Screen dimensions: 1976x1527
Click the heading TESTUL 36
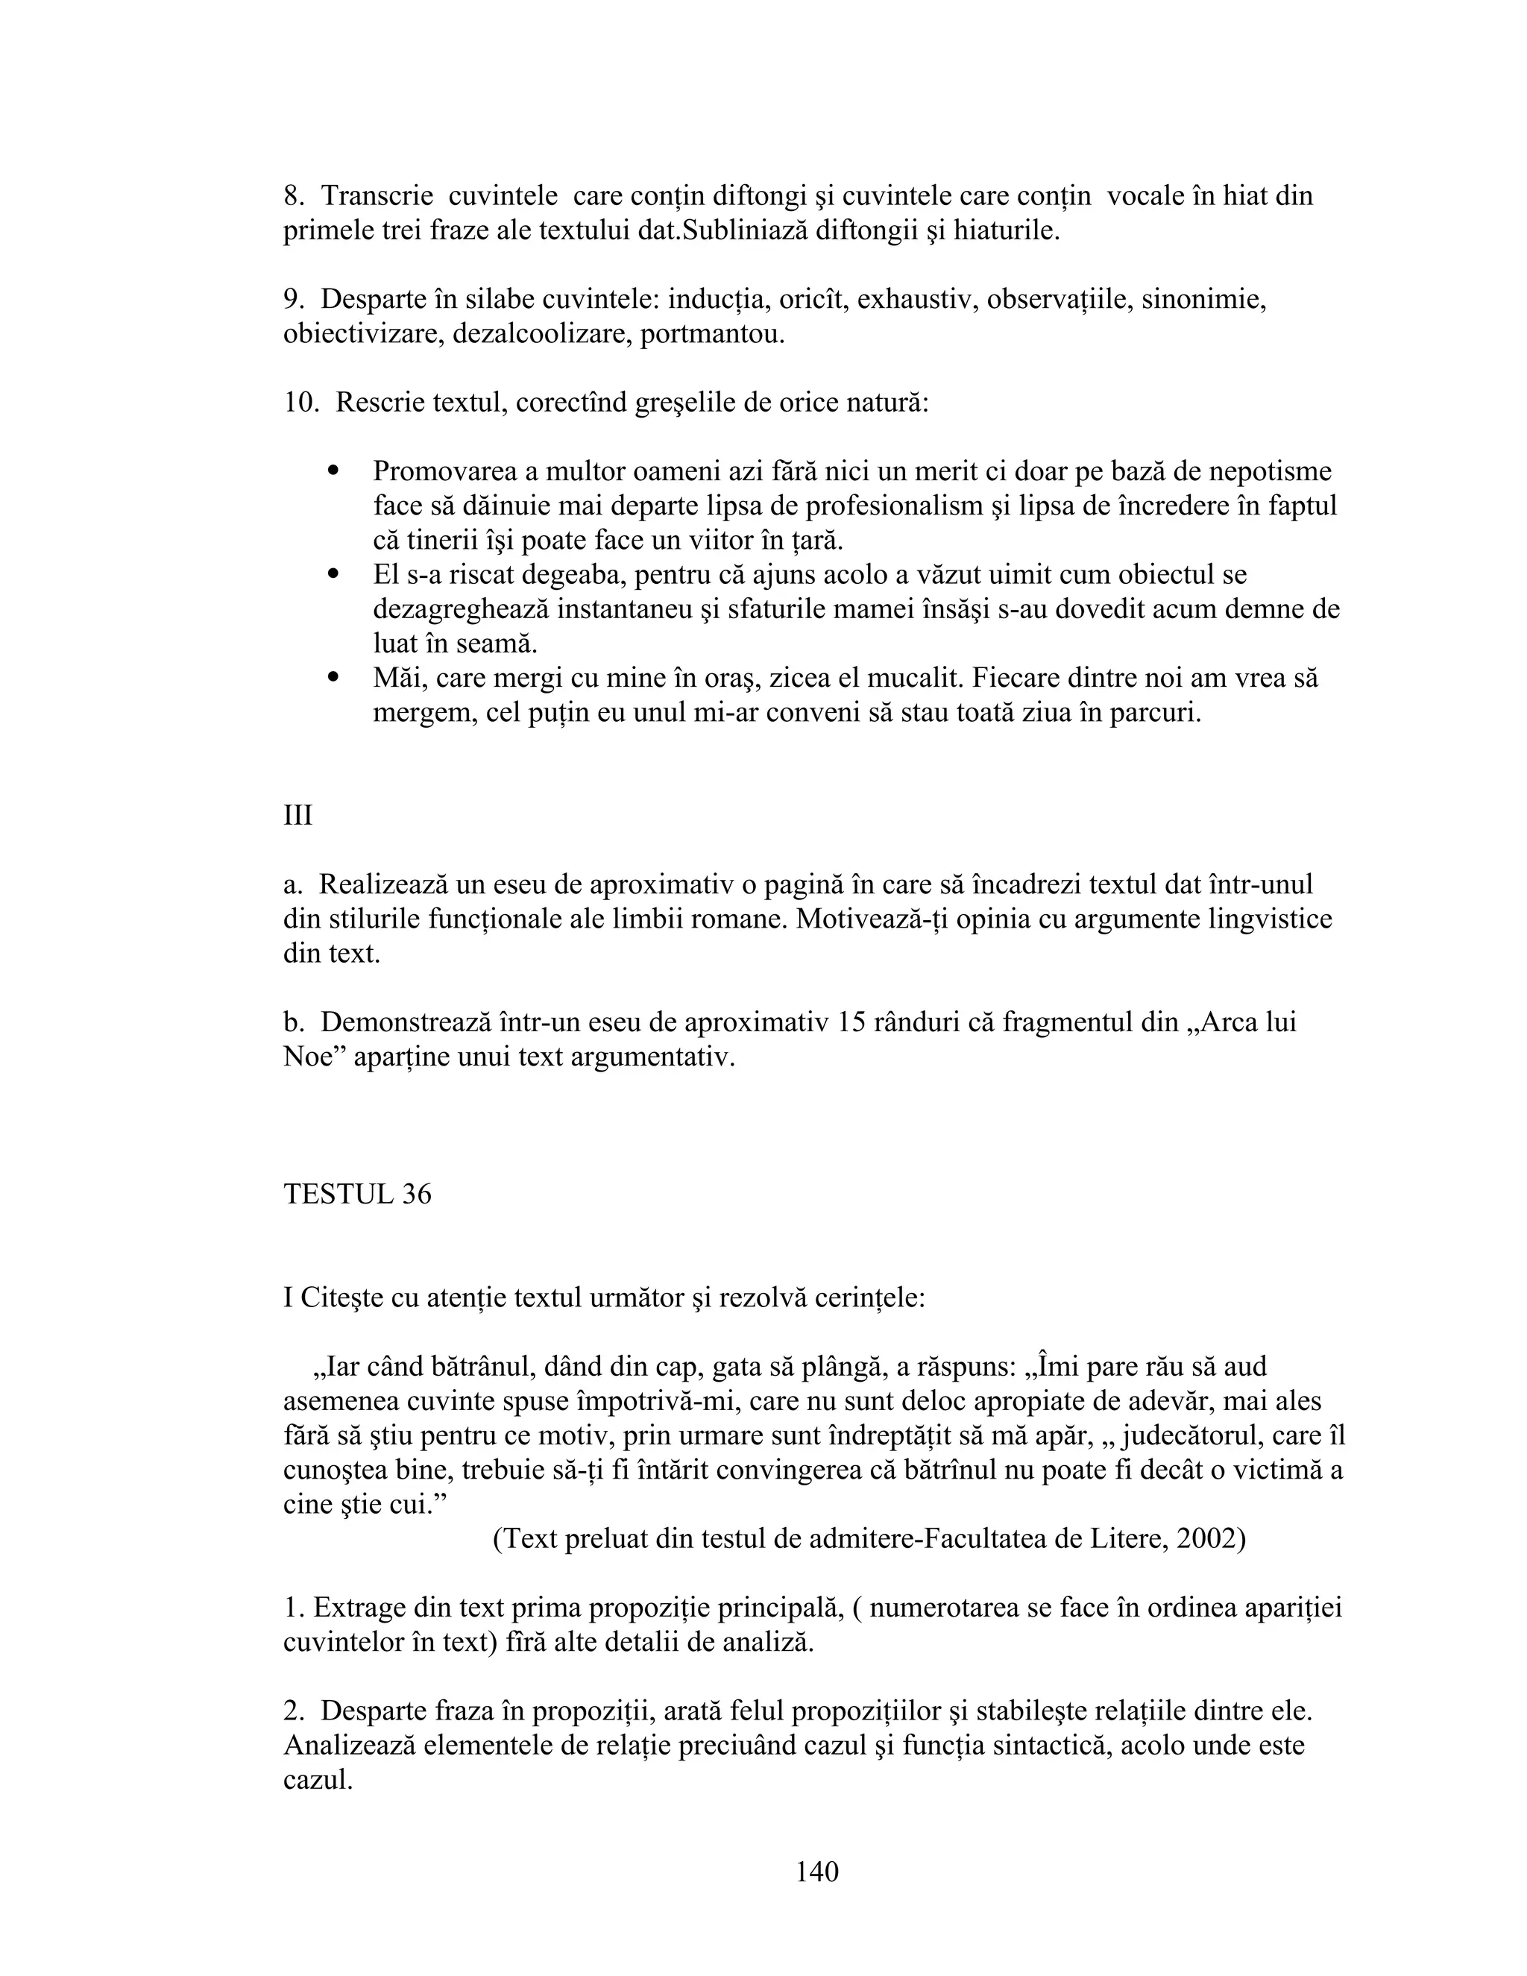pyautogui.click(x=357, y=1195)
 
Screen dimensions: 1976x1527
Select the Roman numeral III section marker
pyautogui.click(x=297, y=815)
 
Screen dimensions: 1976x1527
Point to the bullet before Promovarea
pyautogui.click(x=334, y=471)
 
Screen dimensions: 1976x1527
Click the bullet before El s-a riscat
pyautogui.click(x=334, y=573)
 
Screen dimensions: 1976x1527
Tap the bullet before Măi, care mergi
pyautogui.click(x=334, y=677)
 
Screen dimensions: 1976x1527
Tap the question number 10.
pyautogui.click(x=300, y=403)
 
